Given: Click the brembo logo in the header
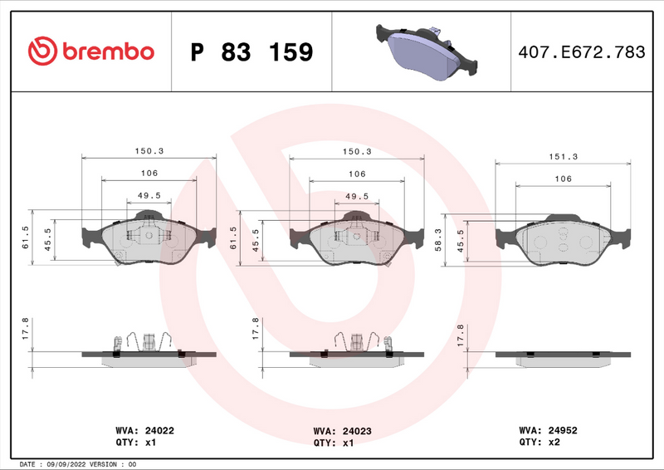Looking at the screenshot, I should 91,51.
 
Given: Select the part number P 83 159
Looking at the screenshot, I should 251,52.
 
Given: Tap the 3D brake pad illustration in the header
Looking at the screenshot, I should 423,51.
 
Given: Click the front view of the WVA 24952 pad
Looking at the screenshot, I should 563,240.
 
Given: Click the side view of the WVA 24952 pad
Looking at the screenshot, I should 563,356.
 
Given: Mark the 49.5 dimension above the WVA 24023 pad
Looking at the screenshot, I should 356,197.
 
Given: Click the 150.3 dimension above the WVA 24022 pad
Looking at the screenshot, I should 149,151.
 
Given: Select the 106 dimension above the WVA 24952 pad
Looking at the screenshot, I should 563,179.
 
